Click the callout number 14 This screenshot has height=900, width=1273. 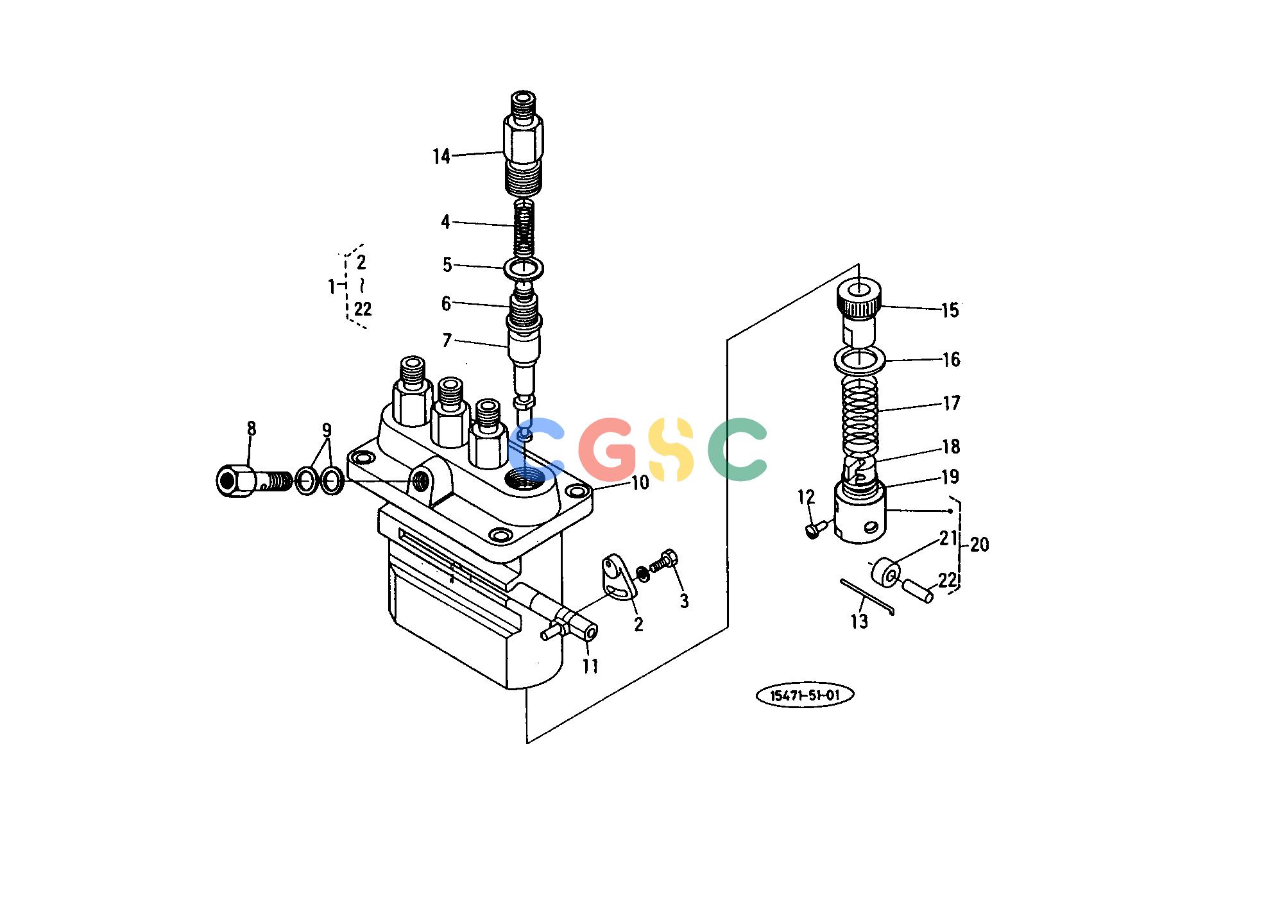[441, 157]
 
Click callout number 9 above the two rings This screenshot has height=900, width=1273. [327, 430]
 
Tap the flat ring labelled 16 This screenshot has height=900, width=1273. [860, 361]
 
